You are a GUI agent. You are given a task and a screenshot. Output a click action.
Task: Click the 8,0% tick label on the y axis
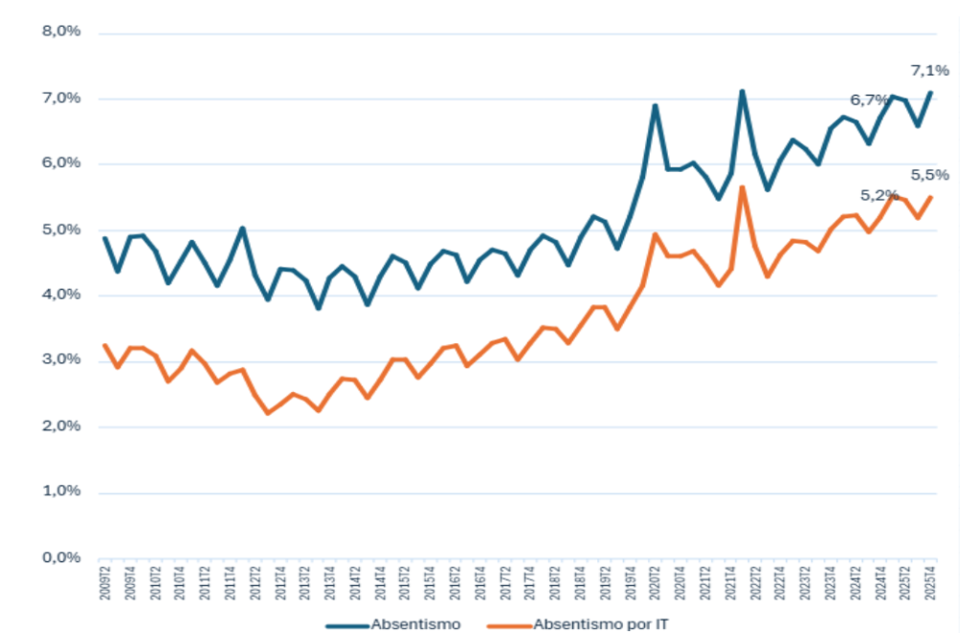[x=60, y=32]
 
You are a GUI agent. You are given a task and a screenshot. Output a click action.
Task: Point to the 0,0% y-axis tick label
[x=60, y=557]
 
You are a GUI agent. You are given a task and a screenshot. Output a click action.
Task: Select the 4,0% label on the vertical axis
[x=60, y=295]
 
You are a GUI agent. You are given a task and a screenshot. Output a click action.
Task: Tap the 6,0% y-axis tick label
[x=60, y=164]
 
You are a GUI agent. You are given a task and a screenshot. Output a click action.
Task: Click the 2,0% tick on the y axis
[x=60, y=426]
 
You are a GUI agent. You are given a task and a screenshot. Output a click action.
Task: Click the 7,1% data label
[x=928, y=70]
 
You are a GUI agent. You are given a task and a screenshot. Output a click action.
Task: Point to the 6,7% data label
[x=869, y=99]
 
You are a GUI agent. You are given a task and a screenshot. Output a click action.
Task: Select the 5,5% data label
[x=928, y=175]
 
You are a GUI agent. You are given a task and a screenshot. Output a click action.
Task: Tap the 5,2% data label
[x=879, y=195]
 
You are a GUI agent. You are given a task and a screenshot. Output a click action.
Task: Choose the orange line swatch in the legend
[x=506, y=624]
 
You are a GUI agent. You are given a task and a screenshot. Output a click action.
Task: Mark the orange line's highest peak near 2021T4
[x=742, y=187]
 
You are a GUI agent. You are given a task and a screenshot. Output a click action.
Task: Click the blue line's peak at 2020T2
[x=656, y=105]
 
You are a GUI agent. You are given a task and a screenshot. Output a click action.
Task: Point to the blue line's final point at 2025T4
[x=930, y=93]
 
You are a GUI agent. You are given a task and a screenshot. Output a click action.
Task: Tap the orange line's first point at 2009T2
[x=104, y=345]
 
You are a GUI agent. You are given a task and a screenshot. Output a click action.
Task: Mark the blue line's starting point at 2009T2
[x=104, y=237]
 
